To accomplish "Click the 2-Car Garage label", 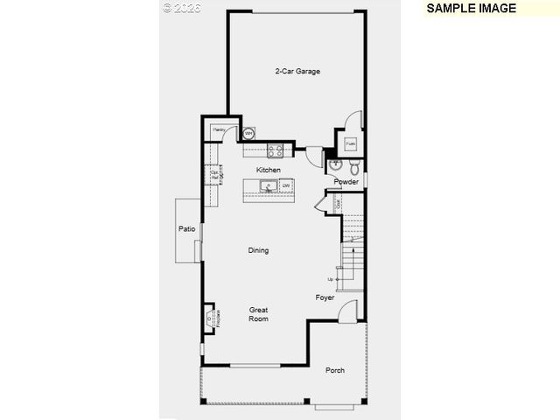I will tap(297, 71).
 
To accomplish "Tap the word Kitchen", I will tap(269, 169).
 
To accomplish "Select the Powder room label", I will tap(346, 182).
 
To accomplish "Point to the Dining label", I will tap(258, 250).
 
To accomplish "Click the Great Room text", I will tap(258, 314).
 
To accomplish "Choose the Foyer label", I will tap(325, 297).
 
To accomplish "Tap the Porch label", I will tap(335, 370).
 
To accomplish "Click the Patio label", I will tap(186, 228).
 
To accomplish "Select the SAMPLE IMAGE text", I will tap(471, 8).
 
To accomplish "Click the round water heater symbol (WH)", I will tap(248, 134).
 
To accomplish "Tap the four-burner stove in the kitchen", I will tap(274, 149).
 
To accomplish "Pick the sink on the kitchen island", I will tap(269, 185).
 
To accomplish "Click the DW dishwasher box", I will tap(285, 185).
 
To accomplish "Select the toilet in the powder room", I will tap(353, 165).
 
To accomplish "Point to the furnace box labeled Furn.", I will tap(350, 143).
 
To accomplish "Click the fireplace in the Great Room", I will tap(210, 317).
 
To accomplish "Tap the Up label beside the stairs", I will tap(330, 279).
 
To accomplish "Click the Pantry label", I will tap(219, 129).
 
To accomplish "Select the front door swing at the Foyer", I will tap(348, 311).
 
